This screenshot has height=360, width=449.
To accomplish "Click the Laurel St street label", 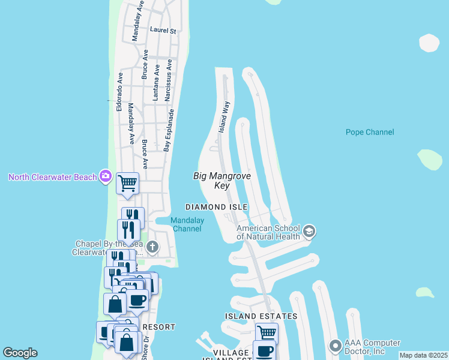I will pos(163,30).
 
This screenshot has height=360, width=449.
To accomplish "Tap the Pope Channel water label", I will pos(370,132).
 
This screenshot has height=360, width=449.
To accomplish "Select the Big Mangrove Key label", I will pos(221,181).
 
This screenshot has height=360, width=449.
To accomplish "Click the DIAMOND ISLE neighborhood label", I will pos(216,206).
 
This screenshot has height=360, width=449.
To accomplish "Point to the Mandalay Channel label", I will pos(187,224).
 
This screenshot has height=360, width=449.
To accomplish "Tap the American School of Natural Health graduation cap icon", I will pos(309,231).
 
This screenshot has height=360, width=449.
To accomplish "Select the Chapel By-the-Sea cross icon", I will pos(153,247).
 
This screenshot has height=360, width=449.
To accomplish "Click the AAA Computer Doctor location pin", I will pos(335,346).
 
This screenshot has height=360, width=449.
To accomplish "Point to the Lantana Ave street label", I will pos(157,83).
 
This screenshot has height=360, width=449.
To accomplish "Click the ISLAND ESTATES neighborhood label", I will pos(261,316).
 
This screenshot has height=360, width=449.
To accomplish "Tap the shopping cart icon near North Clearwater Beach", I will pos(127,182).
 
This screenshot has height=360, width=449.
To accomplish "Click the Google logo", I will pos(20,353).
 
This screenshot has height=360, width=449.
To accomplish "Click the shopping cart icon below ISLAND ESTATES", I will pos(267,332).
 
